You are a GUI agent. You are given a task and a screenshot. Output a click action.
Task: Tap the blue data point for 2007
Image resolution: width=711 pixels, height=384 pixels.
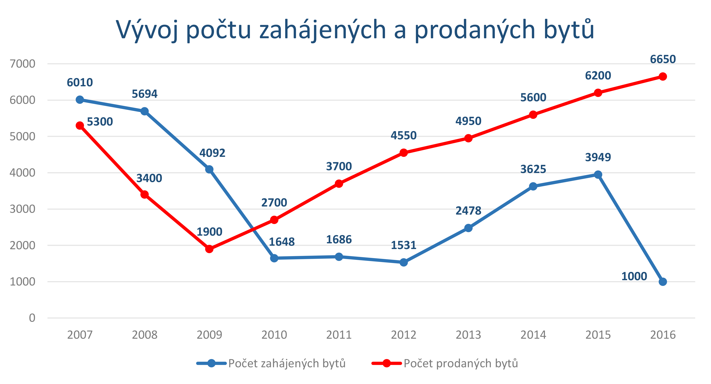pos(80,100)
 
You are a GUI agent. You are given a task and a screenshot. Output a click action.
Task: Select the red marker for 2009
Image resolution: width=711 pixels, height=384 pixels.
pos(209,249)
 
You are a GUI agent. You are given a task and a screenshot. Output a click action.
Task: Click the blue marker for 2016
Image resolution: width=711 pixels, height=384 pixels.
pos(663,282)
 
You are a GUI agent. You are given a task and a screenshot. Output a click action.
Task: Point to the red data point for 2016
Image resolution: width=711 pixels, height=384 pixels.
pos(663,76)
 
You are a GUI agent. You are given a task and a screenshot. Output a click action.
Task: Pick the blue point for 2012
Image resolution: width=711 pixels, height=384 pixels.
pos(404,262)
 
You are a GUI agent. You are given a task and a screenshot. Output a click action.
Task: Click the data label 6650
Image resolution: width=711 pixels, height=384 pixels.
pos(663,59)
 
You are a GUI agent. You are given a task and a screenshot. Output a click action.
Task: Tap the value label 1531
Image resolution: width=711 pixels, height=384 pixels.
pos(404,245)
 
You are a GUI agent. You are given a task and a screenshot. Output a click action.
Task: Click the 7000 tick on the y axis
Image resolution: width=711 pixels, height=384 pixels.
pos(22,64)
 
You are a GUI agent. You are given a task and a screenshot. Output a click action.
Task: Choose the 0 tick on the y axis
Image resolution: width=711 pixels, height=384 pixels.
pos(32,318)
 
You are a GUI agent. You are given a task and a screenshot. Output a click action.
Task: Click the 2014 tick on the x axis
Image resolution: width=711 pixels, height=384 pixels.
pos(533,335)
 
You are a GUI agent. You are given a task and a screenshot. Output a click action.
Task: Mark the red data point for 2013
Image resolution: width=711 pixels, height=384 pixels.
pos(468,138)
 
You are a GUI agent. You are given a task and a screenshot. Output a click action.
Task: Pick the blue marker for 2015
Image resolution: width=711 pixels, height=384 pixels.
pos(598,175)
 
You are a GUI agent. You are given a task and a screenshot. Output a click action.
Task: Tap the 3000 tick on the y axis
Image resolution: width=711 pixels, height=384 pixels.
pos(22,209)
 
